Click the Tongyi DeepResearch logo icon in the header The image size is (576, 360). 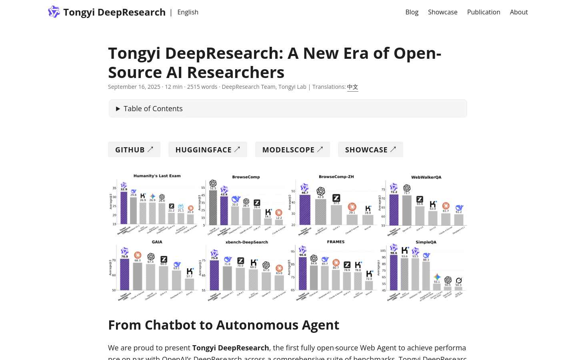pyautogui.click(x=54, y=12)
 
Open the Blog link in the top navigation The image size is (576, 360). pyautogui.click(x=412, y=12)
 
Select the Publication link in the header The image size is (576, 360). pyautogui.click(x=484, y=12)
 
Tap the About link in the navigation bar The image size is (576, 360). pyautogui.click(x=519, y=12)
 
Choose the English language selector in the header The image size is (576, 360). pyautogui.click(x=188, y=12)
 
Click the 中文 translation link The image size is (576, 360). pyautogui.click(x=352, y=87)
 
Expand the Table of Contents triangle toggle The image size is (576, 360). pyautogui.click(x=118, y=109)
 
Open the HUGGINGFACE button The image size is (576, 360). pyautogui.click(x=208, y=150)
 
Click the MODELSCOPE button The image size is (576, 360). pyautogui.click(x=292, y=150)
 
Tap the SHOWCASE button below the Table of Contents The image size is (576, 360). pyautogui.click(x=370, y=150)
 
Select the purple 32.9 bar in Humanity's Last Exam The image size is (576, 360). pyautogui.click(x=124, y=208)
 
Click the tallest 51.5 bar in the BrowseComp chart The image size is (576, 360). pyautogui.click(x=213, y=207)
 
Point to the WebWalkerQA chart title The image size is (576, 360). pyautogui.click(x=426, y=177)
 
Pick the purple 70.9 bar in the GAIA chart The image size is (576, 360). pyautogui.click(x=125, y=274)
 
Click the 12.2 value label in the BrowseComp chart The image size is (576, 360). pyautogui.click(x=279, y=218)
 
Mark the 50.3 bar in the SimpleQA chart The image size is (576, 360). pyautogui.click(x=458, y=288)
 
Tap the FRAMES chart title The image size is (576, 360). pyautogui.click(x=336, y=242)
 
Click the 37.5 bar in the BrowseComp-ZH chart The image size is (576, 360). pyautogui.click(x=336, y=215)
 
